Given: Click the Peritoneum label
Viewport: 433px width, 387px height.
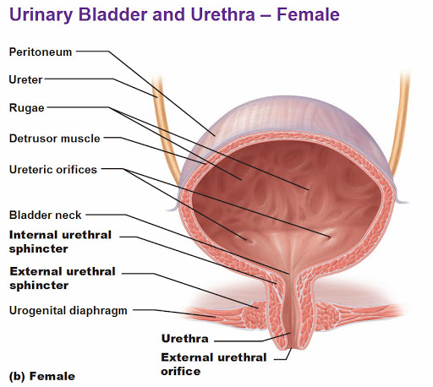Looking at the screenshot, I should [40, 52].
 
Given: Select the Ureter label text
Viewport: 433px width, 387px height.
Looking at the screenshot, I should [25, 79].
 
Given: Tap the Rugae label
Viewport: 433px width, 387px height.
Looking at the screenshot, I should [26, 108].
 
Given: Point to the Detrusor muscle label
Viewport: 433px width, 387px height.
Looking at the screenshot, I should [54, 138].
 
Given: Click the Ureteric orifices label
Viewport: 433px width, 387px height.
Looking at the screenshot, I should [52, 168].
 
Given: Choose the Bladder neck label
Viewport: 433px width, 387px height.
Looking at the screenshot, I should [45, 215].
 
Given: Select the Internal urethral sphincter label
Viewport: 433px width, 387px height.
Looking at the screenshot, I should [59, 241].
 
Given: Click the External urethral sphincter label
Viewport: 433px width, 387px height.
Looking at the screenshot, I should [61, 278].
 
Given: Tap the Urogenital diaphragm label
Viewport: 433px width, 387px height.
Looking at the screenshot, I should [68, 310].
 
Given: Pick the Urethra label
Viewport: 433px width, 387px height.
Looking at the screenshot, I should [184, 339].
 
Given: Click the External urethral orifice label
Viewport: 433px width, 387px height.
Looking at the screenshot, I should [213, 363].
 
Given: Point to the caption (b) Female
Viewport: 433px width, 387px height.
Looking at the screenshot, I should [41, 375].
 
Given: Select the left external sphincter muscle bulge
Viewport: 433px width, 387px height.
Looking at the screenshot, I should [253, 318].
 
